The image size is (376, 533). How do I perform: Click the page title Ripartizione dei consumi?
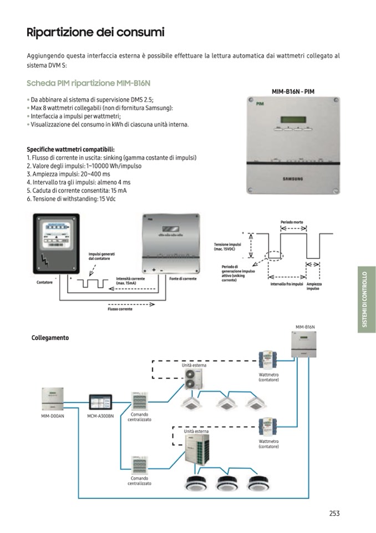coord(95,32)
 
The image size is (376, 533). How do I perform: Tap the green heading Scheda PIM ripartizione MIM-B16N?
coord(89,83)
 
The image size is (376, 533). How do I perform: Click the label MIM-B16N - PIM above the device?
coord(293,91)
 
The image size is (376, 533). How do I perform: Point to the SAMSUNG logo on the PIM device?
coord(293,179)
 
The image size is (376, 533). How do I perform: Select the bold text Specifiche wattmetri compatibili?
coord(71,150)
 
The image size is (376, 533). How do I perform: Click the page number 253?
coord(334,514)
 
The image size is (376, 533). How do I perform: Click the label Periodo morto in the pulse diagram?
coord(292,222)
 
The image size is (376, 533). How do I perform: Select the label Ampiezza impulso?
coord(313,286)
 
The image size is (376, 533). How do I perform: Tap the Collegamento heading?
coord(50,337)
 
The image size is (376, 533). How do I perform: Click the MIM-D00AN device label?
coord(52,416)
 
